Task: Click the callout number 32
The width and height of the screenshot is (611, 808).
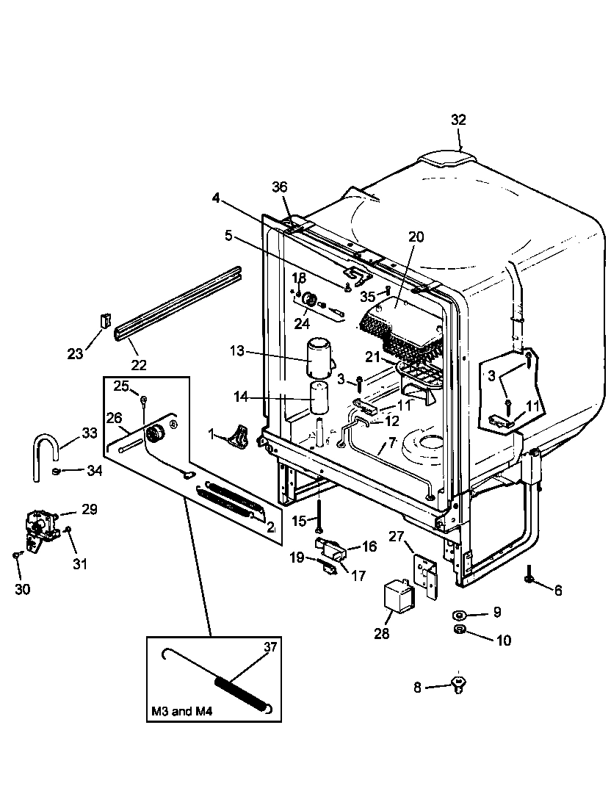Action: pyautogui.click(x=458, y=120)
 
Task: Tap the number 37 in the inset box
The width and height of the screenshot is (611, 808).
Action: pyautogui.click(x=271, y=647)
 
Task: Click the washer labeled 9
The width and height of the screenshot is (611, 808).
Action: pyautogui.click(x=458, y=613)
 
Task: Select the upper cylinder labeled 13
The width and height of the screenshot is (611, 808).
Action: pyautogui.click(x=318, y=356)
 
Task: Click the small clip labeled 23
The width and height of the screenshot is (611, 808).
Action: pyautogui.click(x=104, y=321)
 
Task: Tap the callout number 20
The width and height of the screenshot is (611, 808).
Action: pyautogui.click(x=416, y=237)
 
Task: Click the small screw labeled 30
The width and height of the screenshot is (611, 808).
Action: pyautogui.click(x=17, y=556)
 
